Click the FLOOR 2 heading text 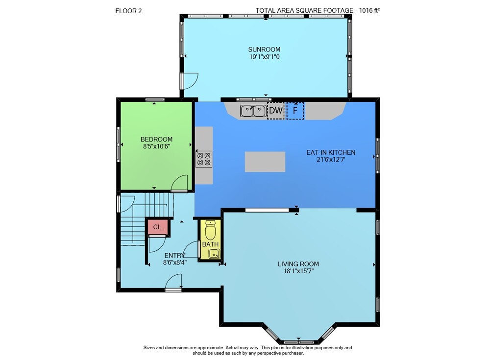tap(128, 11)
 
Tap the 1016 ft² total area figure tap(369, 10)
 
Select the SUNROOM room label tap(264, 49)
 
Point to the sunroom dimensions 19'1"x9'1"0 tap(265, 57)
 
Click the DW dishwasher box tap(275, 111)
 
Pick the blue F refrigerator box tap(295, 111)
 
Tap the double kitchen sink tap(253, 111)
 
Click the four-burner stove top tap(204, 158)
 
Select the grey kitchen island tap(265, 162)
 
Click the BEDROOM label tap(157, 140)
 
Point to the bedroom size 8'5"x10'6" tap(157, 146)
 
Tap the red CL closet tap(157, 227)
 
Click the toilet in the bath tap(210, 230)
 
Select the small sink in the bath tap(214, 254)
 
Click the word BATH tap(210, 244)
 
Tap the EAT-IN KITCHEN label tap(331, 152)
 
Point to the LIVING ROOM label tap(298, 264)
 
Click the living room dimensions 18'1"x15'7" tap(298, 271)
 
